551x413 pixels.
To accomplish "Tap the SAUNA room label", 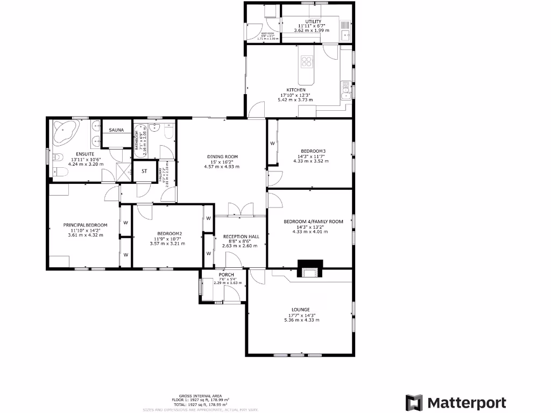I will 117,130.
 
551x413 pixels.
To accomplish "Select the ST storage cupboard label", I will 144,172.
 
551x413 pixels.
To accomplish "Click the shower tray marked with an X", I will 124,172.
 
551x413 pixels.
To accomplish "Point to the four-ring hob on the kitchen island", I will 307,62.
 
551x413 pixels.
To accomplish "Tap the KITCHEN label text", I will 296,90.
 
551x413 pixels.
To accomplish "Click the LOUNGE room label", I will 300,310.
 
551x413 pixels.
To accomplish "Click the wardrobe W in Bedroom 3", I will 272,144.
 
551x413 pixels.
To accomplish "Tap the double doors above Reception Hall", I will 240,210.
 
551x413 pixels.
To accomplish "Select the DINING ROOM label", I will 223,157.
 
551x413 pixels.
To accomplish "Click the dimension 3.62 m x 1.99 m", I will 313,31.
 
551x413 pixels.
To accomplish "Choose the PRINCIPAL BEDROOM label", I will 85,225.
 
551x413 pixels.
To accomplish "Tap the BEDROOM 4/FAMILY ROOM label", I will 313,222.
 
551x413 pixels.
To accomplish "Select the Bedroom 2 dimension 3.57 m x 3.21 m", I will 167,244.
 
